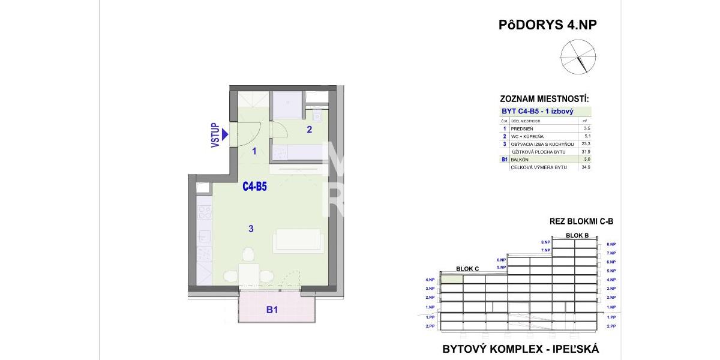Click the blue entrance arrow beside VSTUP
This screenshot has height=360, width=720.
[225, 136]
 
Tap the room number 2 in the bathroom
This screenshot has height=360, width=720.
[310, 128]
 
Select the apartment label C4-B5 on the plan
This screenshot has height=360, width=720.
[254, 187]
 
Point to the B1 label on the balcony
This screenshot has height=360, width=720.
[272, 310]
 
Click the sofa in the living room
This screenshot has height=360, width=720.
[298, 241]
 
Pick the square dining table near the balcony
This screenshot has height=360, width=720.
[248, 275]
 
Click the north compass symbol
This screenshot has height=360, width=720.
[575, 57]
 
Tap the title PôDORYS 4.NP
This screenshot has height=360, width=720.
[548, 25]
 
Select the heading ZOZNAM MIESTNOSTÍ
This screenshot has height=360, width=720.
[544, 99]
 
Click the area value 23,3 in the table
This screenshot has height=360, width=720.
[586, 144]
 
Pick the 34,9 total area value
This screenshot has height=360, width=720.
[586, 167]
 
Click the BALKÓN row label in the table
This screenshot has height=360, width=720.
[520, 160]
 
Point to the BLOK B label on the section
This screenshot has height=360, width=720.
[577, 235]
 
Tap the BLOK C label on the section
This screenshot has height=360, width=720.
[467, 269]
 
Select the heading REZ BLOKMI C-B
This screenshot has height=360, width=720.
[581, 221]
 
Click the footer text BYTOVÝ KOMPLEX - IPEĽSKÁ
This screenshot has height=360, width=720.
[520, 349]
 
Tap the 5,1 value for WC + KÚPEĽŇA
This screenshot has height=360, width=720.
[586, 136]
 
